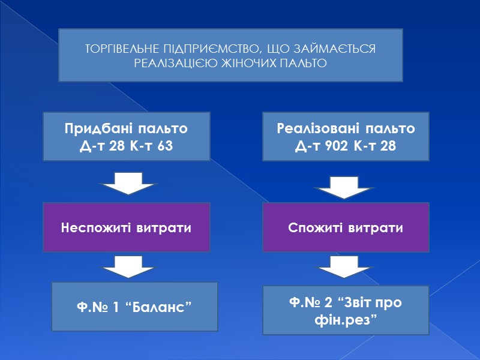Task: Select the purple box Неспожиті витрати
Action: point(126,227)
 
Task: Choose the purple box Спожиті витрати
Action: point(346,227)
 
